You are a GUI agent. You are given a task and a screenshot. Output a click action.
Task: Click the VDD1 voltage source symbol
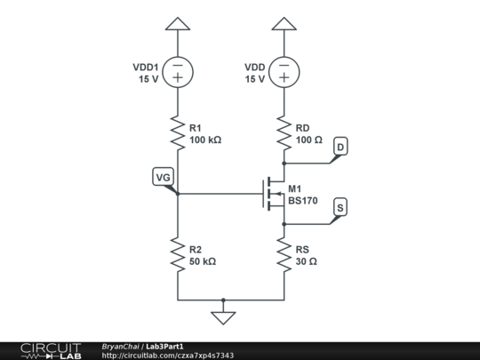178,72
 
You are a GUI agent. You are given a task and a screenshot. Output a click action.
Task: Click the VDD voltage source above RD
284,72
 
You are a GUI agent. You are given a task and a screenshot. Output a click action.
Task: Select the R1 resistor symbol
178,135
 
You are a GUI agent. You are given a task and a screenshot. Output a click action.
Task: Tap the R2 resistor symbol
178,255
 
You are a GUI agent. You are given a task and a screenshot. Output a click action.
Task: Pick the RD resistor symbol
284,135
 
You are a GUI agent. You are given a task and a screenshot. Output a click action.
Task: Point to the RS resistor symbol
284,255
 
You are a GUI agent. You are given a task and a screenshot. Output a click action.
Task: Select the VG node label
163,178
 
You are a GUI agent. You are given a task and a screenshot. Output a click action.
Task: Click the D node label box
340,146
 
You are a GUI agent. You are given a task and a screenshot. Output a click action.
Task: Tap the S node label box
340,207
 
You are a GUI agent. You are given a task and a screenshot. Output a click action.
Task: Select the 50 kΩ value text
203,261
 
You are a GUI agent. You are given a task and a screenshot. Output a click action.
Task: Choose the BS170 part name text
303,201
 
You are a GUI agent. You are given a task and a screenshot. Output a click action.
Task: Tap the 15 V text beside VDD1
147,79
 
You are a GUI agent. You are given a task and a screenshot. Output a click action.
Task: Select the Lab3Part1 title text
165,346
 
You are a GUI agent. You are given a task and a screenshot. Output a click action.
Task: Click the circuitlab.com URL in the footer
168,356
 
